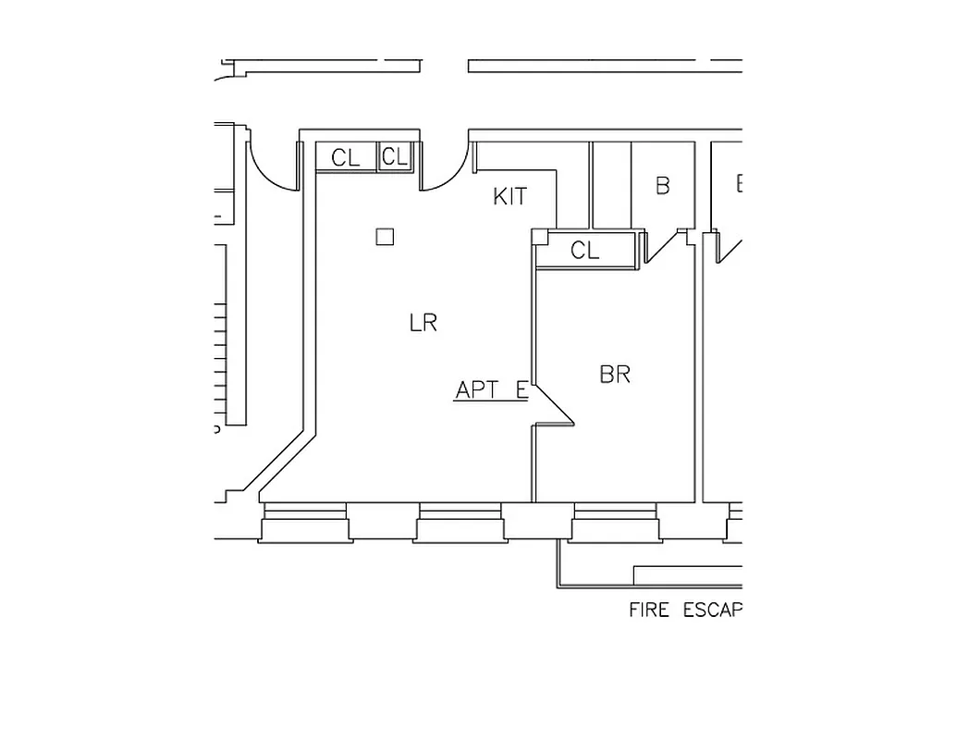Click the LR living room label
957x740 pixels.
423,323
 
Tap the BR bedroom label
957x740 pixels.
615,375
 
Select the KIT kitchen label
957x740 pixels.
509,196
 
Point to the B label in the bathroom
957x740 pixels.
662,186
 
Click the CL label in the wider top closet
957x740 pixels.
346,158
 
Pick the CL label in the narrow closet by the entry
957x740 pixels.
395,157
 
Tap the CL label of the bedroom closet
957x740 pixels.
584,251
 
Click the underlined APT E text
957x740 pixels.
491,390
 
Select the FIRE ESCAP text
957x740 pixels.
685,610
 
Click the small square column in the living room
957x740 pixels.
385,237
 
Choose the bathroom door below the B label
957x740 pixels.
658,246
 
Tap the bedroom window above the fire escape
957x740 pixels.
616,523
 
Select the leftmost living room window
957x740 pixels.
305,523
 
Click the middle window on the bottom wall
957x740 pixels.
460,523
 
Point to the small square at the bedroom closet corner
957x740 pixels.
540,237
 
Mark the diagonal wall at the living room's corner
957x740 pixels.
283,467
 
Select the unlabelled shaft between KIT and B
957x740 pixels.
610,185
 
